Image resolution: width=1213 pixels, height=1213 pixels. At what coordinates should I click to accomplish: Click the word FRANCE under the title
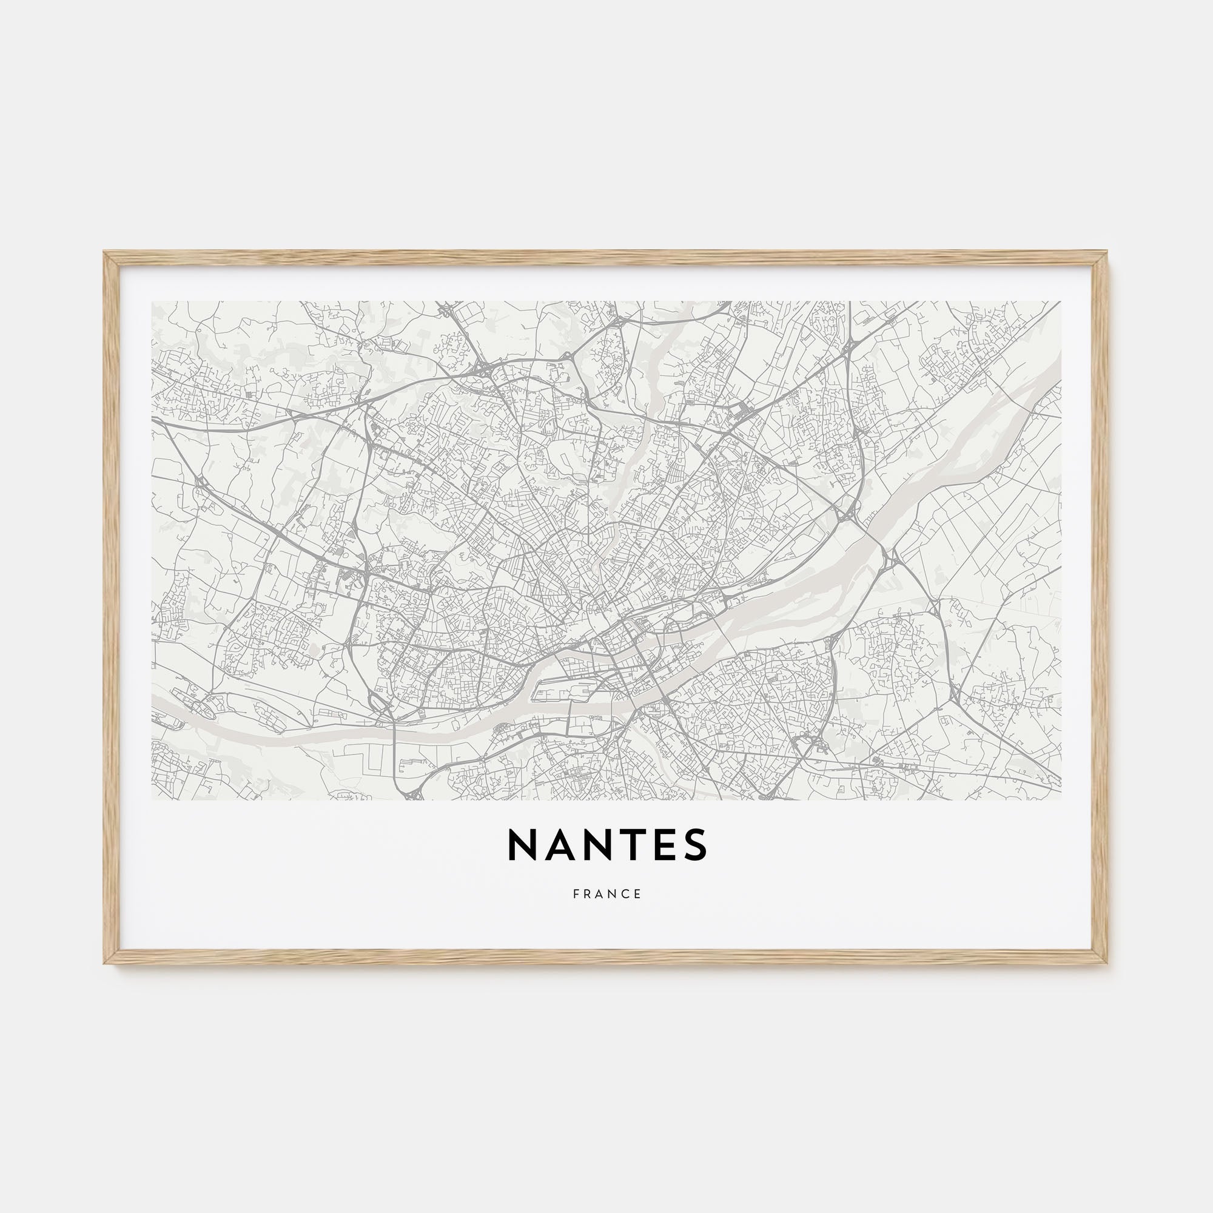(x=607, y=894)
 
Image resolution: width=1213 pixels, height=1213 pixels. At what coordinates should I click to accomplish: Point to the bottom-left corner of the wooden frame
(x=105, y=961)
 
